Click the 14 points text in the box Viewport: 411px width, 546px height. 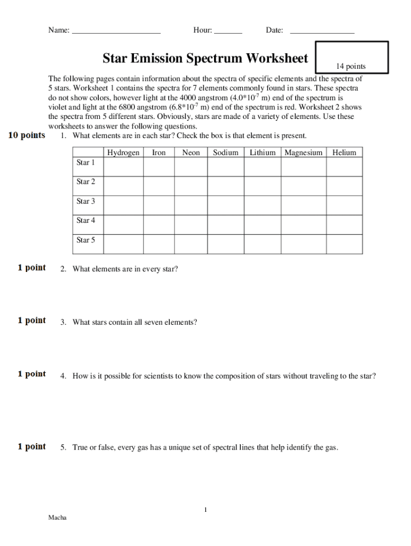351,66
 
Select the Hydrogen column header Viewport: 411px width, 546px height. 123,152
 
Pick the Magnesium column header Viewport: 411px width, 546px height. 303,152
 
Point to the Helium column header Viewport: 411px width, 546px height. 344,152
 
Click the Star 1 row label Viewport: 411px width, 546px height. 86,163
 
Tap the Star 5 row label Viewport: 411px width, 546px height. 86,240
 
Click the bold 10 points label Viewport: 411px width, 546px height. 27,135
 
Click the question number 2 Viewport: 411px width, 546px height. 63,269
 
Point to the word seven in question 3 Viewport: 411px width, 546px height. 155,323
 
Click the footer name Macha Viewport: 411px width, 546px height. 58,518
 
